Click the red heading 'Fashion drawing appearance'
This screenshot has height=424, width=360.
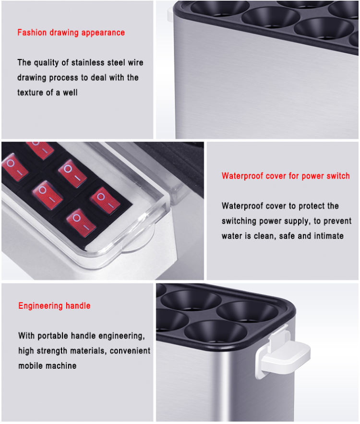71,33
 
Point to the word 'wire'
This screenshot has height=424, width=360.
135,62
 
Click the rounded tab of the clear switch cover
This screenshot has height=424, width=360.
138,241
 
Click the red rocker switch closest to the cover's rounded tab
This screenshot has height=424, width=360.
81,222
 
